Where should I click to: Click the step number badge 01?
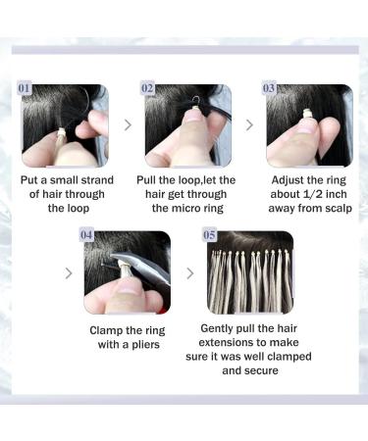tap(27, 88)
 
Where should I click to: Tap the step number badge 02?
tap(148, 88)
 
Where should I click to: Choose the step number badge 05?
tap(208, 235)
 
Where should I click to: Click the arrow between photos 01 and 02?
tap(127, 124)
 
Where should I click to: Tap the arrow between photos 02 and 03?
tap(248, 124)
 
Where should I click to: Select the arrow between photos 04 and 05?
tap(189, 272)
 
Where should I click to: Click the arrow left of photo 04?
tap(69, 272)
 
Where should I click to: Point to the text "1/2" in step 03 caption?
tap(314, 195)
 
